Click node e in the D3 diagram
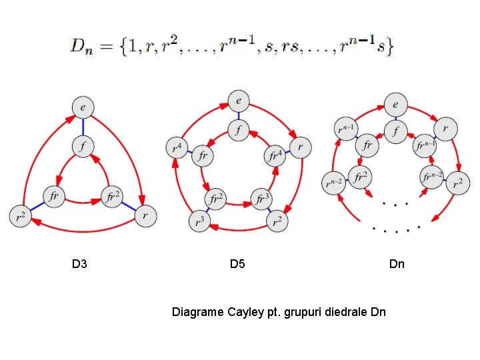pyautogui.click(x=83, y=107)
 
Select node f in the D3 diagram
pyautogui.click(x=83, y=145)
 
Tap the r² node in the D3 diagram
pyautogui.click(x=21, y=216)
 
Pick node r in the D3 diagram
pyautogui.click(x=145, y=216)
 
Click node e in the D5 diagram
pyautogui.click(x=238, y=101)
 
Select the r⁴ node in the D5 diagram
pyautogui.click(x=177, y=147)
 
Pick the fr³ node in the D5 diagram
pyautogui.click(x=261, y=199)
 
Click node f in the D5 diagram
pyautogui.click(x=238, y=130)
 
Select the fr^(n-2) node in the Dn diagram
pyautogui.click(x=431, y=178)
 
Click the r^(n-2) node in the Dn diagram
pyautogui.click(x=333, y=181)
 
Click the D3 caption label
pyautogui.click(x=79, y=265)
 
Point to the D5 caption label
pyautogui.click(x=237, y=265)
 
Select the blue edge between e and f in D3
pyautogui.click(x=83, y=126)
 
